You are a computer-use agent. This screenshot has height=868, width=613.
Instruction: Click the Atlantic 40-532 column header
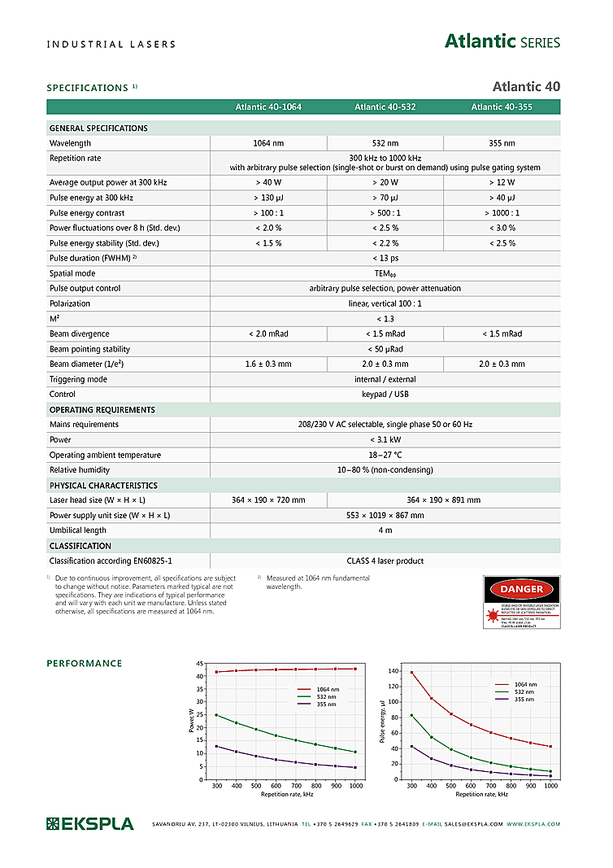point(385,107)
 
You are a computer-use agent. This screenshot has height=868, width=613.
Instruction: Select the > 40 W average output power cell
point(268,182)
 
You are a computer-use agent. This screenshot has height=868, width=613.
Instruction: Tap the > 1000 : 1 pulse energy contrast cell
point(502,212)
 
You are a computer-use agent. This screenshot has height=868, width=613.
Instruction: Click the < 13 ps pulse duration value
point(385,258)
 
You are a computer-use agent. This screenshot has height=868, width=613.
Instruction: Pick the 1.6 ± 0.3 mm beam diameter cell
point(268,364)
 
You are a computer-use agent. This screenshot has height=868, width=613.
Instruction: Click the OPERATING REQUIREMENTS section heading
point(102,409)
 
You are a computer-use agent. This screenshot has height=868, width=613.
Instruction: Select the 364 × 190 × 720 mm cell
point(268,499)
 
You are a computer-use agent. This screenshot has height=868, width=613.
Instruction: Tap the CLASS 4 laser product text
point(385,560)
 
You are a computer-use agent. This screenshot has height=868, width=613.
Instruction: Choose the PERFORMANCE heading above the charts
point(85,664)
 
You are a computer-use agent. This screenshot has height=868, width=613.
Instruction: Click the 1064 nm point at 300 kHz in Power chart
point(216,672)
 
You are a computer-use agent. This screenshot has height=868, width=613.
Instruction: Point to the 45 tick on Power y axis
point(200,665)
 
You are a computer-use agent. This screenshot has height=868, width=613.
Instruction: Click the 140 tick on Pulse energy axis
point(393,671)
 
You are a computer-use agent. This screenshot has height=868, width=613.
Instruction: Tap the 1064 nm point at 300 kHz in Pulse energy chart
point(412,673)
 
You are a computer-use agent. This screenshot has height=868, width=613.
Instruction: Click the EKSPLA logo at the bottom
point(89,824)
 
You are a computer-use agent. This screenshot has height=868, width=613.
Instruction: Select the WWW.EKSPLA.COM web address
point(533,824)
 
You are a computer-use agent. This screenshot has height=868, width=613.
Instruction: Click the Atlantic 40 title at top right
point(526,86)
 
